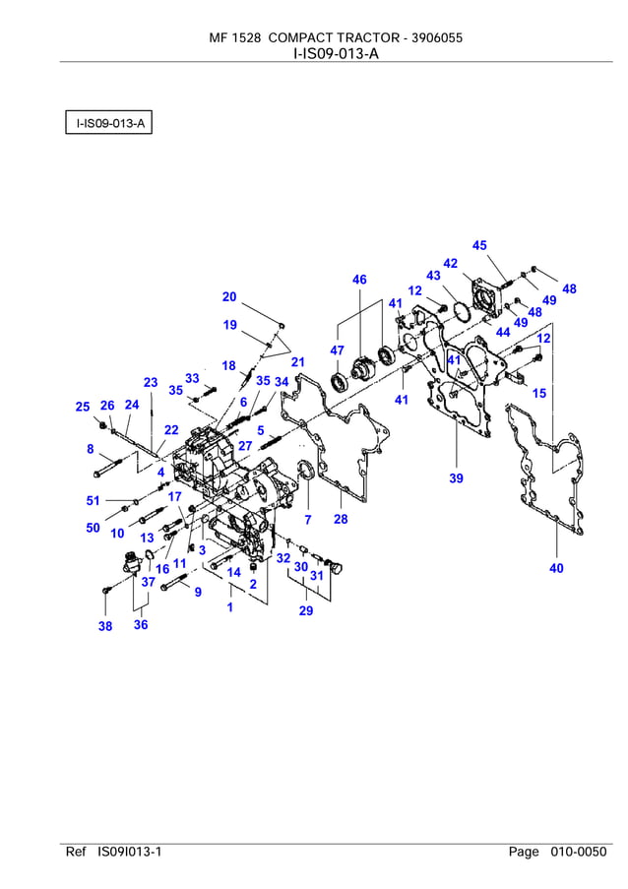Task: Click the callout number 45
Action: tap(479, 245)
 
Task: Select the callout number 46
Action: tap(359, 281)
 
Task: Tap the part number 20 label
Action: tap(229, 296)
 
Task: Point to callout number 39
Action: tap(456, 478)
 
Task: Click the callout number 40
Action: tap(556, 567)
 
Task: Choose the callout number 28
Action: tap(341, 519)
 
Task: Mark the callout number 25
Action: tap(83, 407)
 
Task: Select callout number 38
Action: tap(105, 626)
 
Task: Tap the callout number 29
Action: tap(306, 611)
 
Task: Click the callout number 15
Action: tap(539, 393)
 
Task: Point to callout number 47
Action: tap(337, 350)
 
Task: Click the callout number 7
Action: tap(307, 519)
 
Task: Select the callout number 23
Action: tap(151, 382)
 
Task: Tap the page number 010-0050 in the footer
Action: tap(578, 852)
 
